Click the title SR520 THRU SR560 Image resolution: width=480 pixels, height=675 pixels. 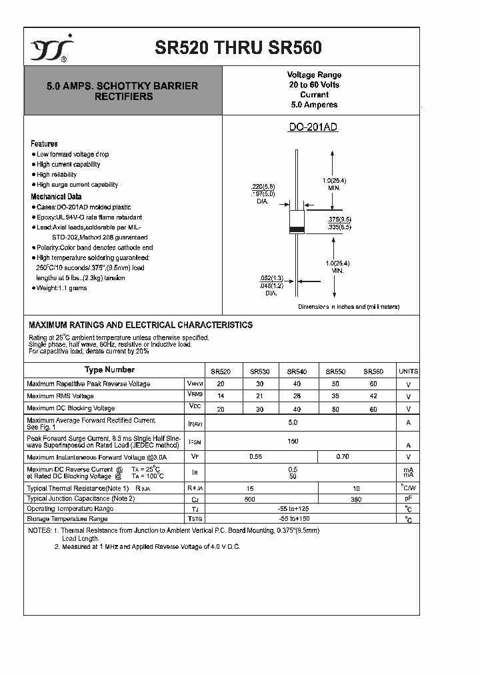point(238,48)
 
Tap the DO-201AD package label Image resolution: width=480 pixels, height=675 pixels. point(313,127)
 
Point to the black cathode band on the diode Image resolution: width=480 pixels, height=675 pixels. point(296,230)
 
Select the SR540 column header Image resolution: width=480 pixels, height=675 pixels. point(297,371)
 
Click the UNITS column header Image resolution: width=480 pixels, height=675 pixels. point(408,371)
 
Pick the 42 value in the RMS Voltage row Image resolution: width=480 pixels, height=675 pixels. point(373,396)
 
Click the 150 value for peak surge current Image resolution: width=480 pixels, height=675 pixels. point(293,441)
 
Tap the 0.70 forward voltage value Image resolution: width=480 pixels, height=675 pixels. point(343,457)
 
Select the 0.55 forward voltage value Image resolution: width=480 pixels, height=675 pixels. point(255,457)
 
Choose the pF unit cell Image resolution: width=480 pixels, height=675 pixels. point(408,498)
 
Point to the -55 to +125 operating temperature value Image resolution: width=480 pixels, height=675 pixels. point(293,508)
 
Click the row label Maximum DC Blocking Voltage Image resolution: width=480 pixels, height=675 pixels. point(71,408)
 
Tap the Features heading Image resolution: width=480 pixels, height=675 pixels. point(44,143)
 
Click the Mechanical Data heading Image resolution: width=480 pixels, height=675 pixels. point(56,197)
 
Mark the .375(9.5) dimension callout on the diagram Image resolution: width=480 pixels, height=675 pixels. point(339,219)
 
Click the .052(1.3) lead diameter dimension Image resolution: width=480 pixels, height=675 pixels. point(271,277)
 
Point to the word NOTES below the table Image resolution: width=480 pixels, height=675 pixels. point(39,530)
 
